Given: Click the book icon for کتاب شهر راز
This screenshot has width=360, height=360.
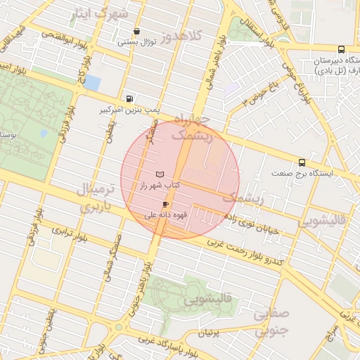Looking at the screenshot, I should pyautogui.click(x=160, y=174).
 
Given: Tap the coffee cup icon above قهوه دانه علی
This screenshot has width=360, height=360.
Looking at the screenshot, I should pyautogui.click(x=165, y=204).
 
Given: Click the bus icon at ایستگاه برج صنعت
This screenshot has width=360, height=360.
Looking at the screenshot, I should pyautogui.click(x=302, y=162).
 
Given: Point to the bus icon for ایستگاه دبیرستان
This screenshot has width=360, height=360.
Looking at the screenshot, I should pyautogui.click(x=341, y=49).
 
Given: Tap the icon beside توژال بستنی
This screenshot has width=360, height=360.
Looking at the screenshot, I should pyautogui.click(x=136, y=32).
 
